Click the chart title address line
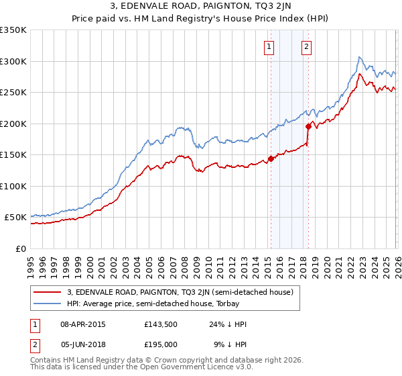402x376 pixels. pyautogui.click(x=200, y=7)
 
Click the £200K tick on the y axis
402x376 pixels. pyautogui.click(x=13, y=124)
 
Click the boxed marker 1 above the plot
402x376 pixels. pyautogui.click(x=269, y=47)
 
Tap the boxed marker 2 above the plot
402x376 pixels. pyautogui.click(x=306, y=47)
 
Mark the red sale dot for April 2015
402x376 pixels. pyautogui.click(x=271, y=159)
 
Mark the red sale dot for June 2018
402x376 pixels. pyautogui.click(x=308, y=126)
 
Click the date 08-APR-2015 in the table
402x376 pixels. pyautogui.click(x=82, y=324)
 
